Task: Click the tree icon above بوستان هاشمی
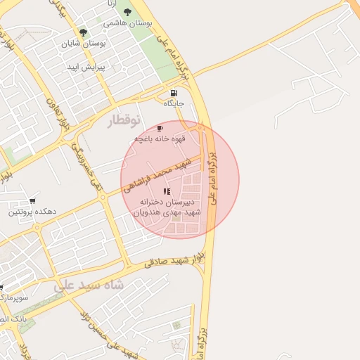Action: click(127, 12)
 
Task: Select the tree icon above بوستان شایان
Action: click(83, 32)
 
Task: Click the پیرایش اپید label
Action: click(85, 67)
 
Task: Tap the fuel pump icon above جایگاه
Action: click(174, 93)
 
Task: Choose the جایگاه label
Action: click(174, 103)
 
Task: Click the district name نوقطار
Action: click(124, 121)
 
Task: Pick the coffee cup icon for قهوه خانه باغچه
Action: click(160, 129)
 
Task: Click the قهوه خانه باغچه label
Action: click(159, 139)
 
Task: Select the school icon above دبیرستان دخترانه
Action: click(167, 191)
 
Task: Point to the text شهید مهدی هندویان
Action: click(166, 212)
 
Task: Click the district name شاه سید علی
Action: click(89, 285)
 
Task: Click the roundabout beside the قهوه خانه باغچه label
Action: click(202, 128)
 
